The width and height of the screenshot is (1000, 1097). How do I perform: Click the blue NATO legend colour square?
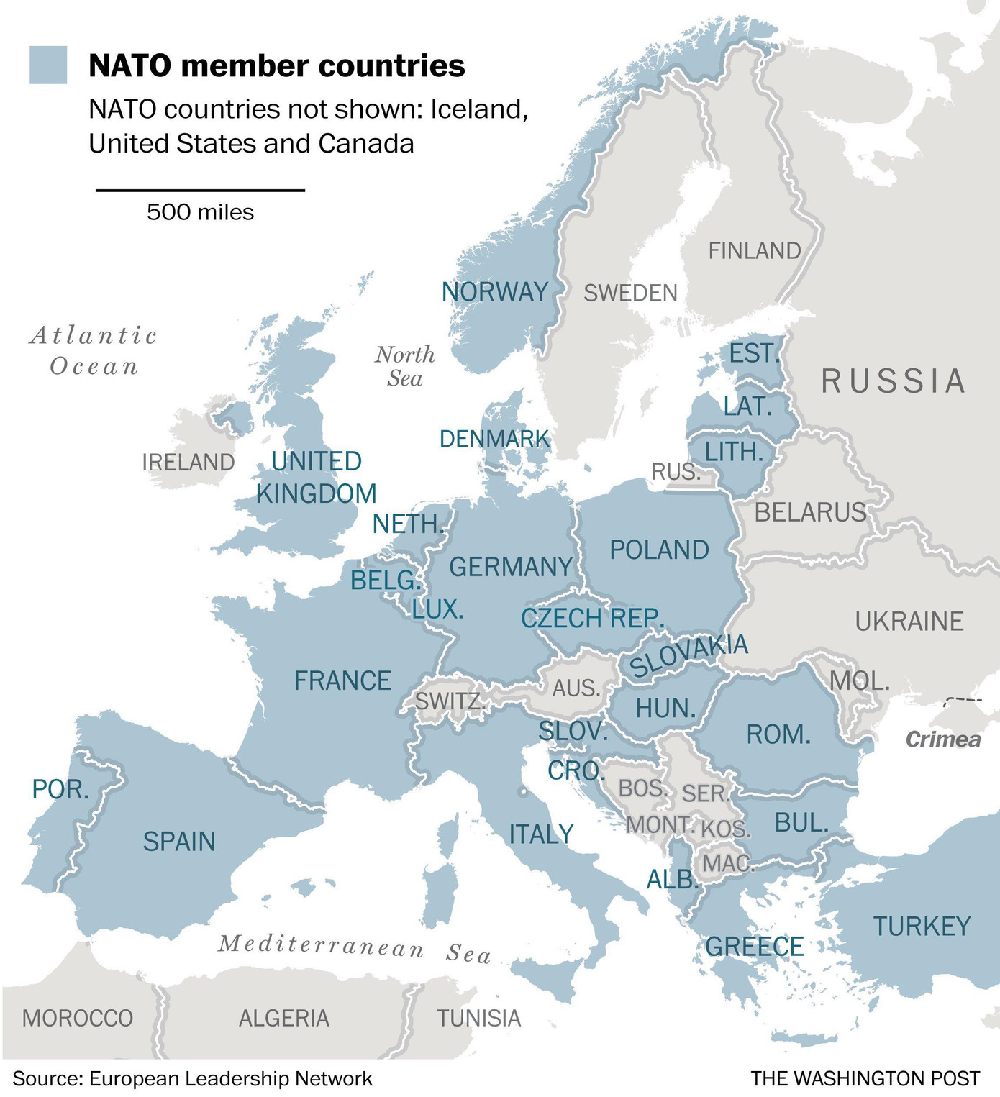(48, 65)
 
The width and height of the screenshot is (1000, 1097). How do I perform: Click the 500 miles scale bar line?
(200, 190)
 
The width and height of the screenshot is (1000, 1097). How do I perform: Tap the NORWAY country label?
(495, 292)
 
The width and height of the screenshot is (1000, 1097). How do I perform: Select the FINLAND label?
(755, 250)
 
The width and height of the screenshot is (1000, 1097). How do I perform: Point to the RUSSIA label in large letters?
(894, 381)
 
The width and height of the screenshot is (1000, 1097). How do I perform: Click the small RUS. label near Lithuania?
(676, 472)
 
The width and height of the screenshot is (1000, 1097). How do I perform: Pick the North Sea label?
(405, 366)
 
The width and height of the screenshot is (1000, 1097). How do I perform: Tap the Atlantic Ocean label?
(94, 350)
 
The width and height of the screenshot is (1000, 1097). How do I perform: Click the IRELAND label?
(188, 462)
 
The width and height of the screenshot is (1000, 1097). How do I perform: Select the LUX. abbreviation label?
(437, 610)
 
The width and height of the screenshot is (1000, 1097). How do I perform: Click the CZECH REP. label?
(592, 618)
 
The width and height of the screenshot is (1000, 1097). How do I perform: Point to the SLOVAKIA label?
(688, 655)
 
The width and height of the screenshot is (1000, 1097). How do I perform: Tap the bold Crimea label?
(942, 739)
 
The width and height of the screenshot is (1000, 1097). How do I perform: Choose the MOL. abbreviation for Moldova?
(860, 680)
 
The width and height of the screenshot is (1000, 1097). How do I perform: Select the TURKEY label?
(922, 926)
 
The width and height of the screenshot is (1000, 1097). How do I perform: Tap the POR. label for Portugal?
(60, 789)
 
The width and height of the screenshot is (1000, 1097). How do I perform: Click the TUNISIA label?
(479, 1018)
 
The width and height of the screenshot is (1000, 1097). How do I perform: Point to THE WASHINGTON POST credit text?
(865, 1078)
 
